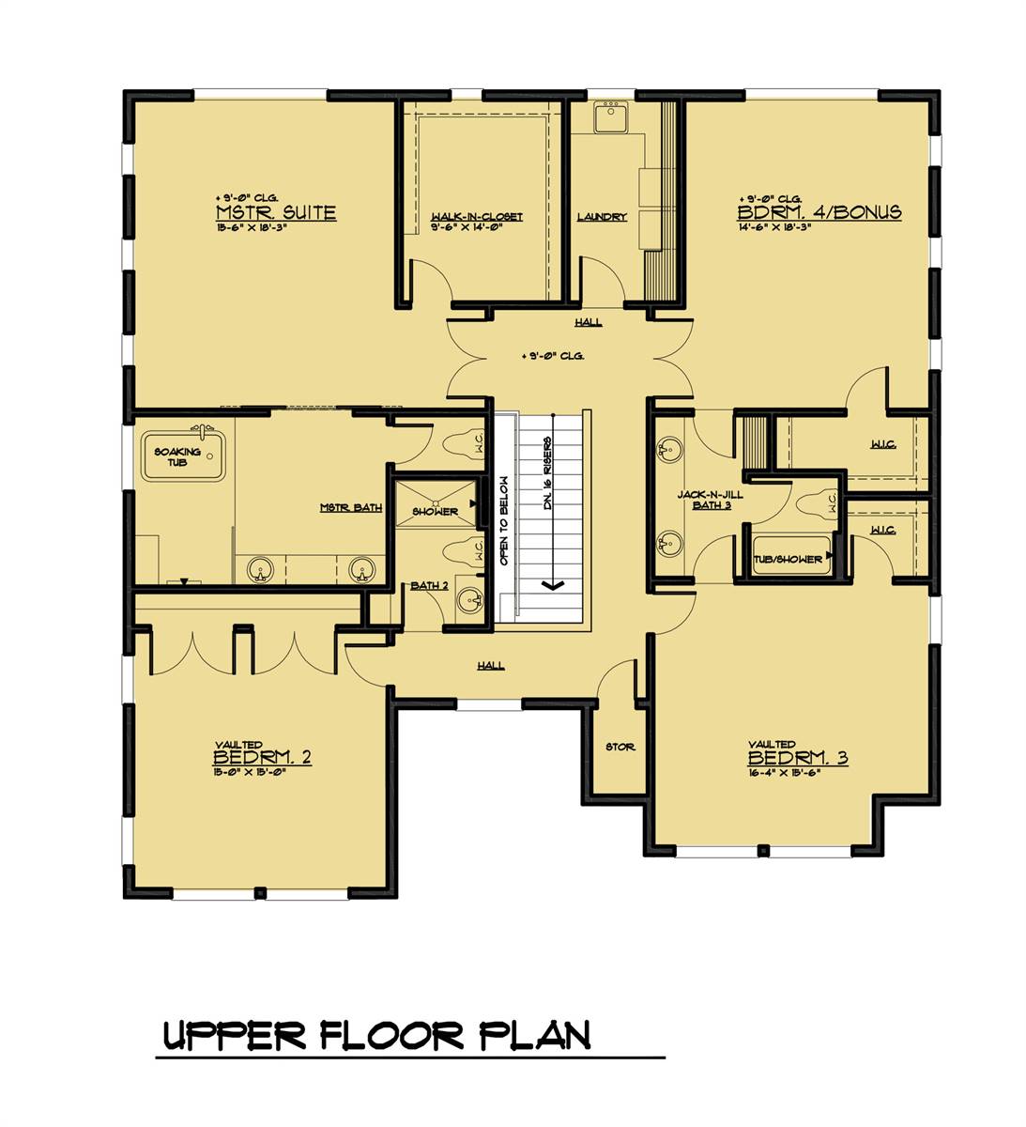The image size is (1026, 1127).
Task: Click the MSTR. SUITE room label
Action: pos(275,213)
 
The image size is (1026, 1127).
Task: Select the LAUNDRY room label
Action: pos(602,217)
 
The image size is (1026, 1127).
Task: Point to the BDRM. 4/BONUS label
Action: pos(819,212)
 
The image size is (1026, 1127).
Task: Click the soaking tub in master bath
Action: pos(183,456)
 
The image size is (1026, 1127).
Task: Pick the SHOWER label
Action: pos(436,512)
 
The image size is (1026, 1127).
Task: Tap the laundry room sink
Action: pos(612,116)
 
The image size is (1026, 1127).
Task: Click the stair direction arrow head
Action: pos(553,585)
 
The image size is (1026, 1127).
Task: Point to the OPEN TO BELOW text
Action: pos(504,520)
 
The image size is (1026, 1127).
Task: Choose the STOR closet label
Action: pos(620,747)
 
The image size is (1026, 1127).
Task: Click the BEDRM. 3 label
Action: pos(798,758)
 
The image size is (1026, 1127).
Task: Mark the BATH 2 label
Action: pos(429,585)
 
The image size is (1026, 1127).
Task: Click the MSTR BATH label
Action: pos(350,508)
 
